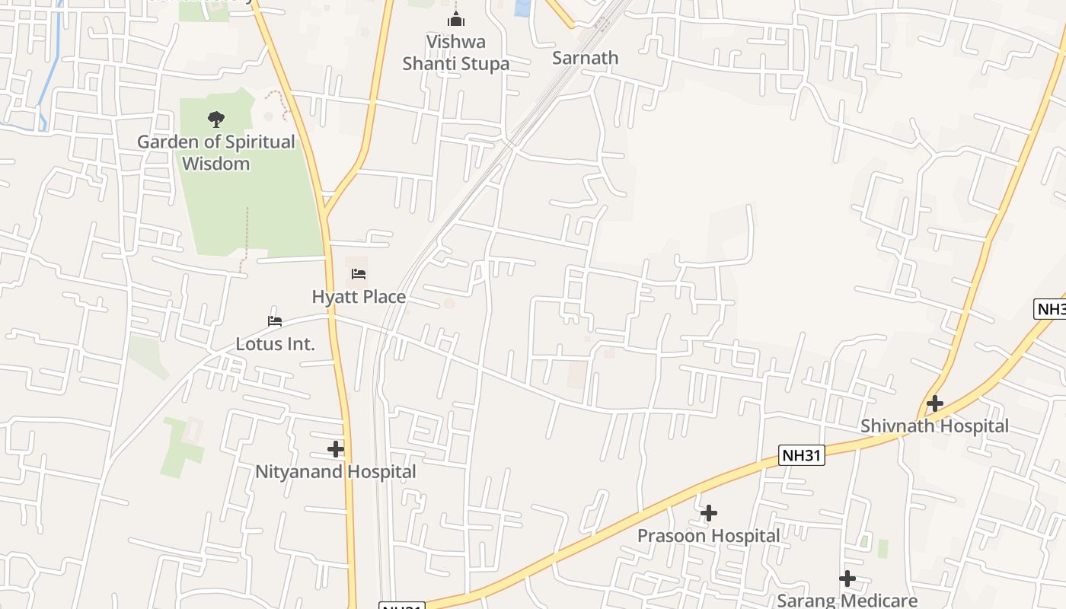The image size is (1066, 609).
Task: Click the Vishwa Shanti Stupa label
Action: point(455,53)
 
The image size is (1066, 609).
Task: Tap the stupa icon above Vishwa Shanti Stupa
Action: point(456,19)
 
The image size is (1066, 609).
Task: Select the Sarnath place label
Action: point(585,58)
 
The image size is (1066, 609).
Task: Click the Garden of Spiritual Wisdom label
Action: point(216,152)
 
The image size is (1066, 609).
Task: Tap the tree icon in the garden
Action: point(216,119)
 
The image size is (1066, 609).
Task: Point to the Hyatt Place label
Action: point(359,296)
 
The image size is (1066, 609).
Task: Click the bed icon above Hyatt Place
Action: point(359,274)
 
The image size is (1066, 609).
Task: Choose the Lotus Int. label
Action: point(275,343)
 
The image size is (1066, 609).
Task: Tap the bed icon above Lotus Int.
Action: point(275,321)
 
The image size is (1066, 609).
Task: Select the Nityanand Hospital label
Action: point(335,472)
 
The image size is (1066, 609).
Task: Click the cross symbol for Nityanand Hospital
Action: point(336,449)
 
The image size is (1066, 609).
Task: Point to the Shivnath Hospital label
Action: point(934,426)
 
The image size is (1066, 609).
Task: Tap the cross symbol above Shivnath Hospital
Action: point(935,403)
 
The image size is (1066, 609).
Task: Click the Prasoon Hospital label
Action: point(708,535)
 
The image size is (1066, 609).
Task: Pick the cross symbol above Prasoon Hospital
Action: point(709,513)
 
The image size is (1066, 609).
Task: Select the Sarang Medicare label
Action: point(847,600)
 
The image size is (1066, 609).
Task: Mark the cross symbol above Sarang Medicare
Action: point(847,579)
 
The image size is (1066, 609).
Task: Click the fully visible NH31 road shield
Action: point(803,455)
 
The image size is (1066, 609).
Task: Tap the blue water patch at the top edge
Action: point(522,8)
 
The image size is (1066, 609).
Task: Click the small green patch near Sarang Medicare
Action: point(882,548)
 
